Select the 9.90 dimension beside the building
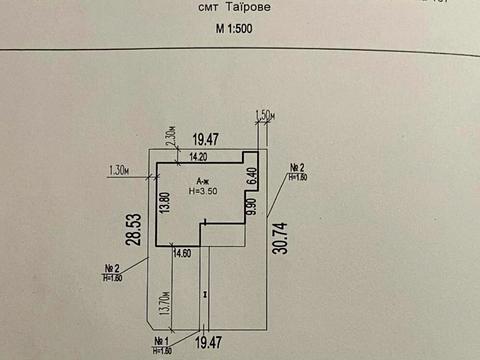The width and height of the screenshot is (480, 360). pos(254,210)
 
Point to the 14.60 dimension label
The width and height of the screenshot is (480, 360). pos(182,255)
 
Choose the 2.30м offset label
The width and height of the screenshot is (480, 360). pos(171,135)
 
